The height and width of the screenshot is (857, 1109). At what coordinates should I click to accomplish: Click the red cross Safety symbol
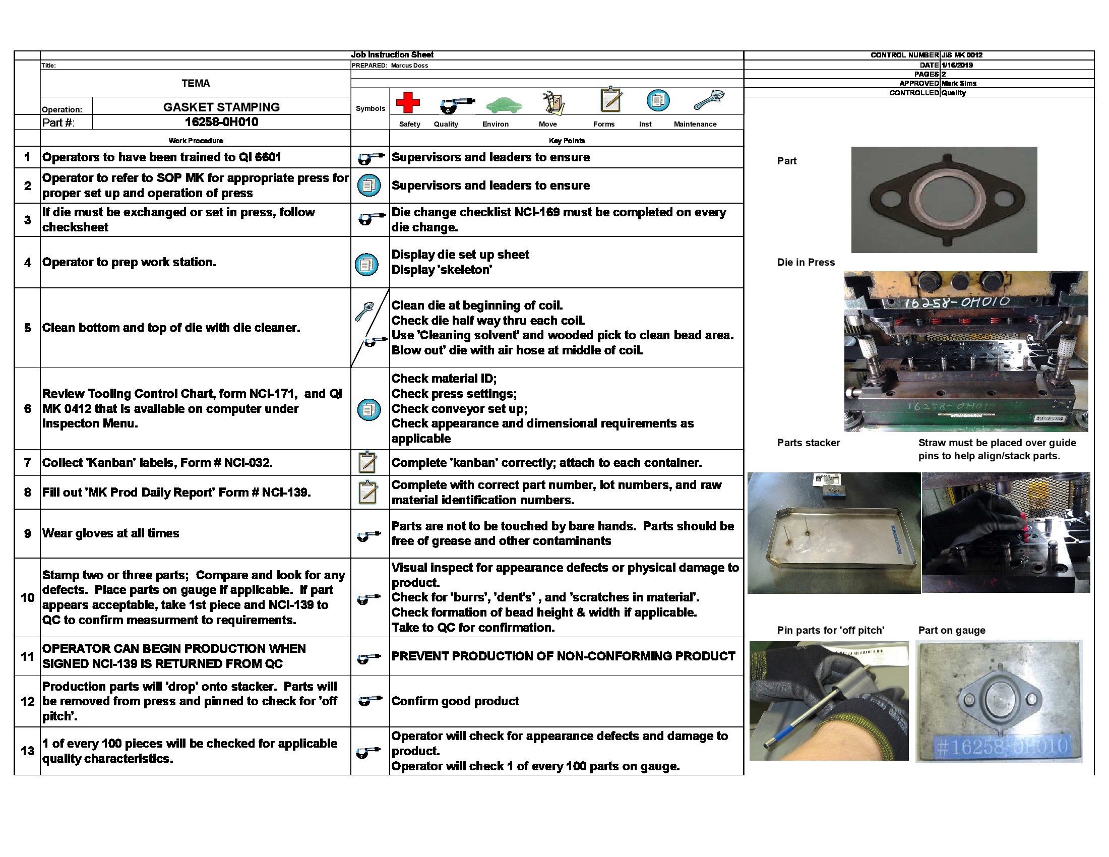coord(408,102)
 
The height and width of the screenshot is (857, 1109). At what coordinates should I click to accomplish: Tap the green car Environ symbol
coord(504,105)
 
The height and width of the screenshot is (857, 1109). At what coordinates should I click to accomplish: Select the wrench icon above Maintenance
coord(708,100)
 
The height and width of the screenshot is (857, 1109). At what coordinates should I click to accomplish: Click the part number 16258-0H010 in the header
coord(221,122)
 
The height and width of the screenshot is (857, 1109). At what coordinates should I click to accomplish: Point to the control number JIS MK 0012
coord(962,55)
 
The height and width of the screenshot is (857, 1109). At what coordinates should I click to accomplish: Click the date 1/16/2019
coord(957,65)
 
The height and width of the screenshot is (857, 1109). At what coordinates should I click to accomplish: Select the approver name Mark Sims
coord(959,83)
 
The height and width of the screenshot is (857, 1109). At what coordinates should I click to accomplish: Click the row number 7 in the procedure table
coord(27,462)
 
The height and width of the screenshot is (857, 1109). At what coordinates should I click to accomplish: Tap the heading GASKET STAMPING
coord(221,107)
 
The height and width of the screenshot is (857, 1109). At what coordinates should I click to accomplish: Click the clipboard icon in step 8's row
coord(367,492)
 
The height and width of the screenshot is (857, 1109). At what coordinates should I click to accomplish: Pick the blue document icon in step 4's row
coord(366,264)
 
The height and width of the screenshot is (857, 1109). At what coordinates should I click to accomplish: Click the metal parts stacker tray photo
coord(834,533)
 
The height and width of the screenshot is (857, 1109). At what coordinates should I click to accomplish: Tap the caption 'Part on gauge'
coord(952,630)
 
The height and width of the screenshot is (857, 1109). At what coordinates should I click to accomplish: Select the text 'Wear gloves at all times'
coord(111,533)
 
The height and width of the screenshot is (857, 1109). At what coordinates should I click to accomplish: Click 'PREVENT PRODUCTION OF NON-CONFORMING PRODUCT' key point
coord(563,656)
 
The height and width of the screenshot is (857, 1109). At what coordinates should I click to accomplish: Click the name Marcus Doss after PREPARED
coord(409,66)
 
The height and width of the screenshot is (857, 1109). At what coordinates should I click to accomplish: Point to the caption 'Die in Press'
coord(806,262)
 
